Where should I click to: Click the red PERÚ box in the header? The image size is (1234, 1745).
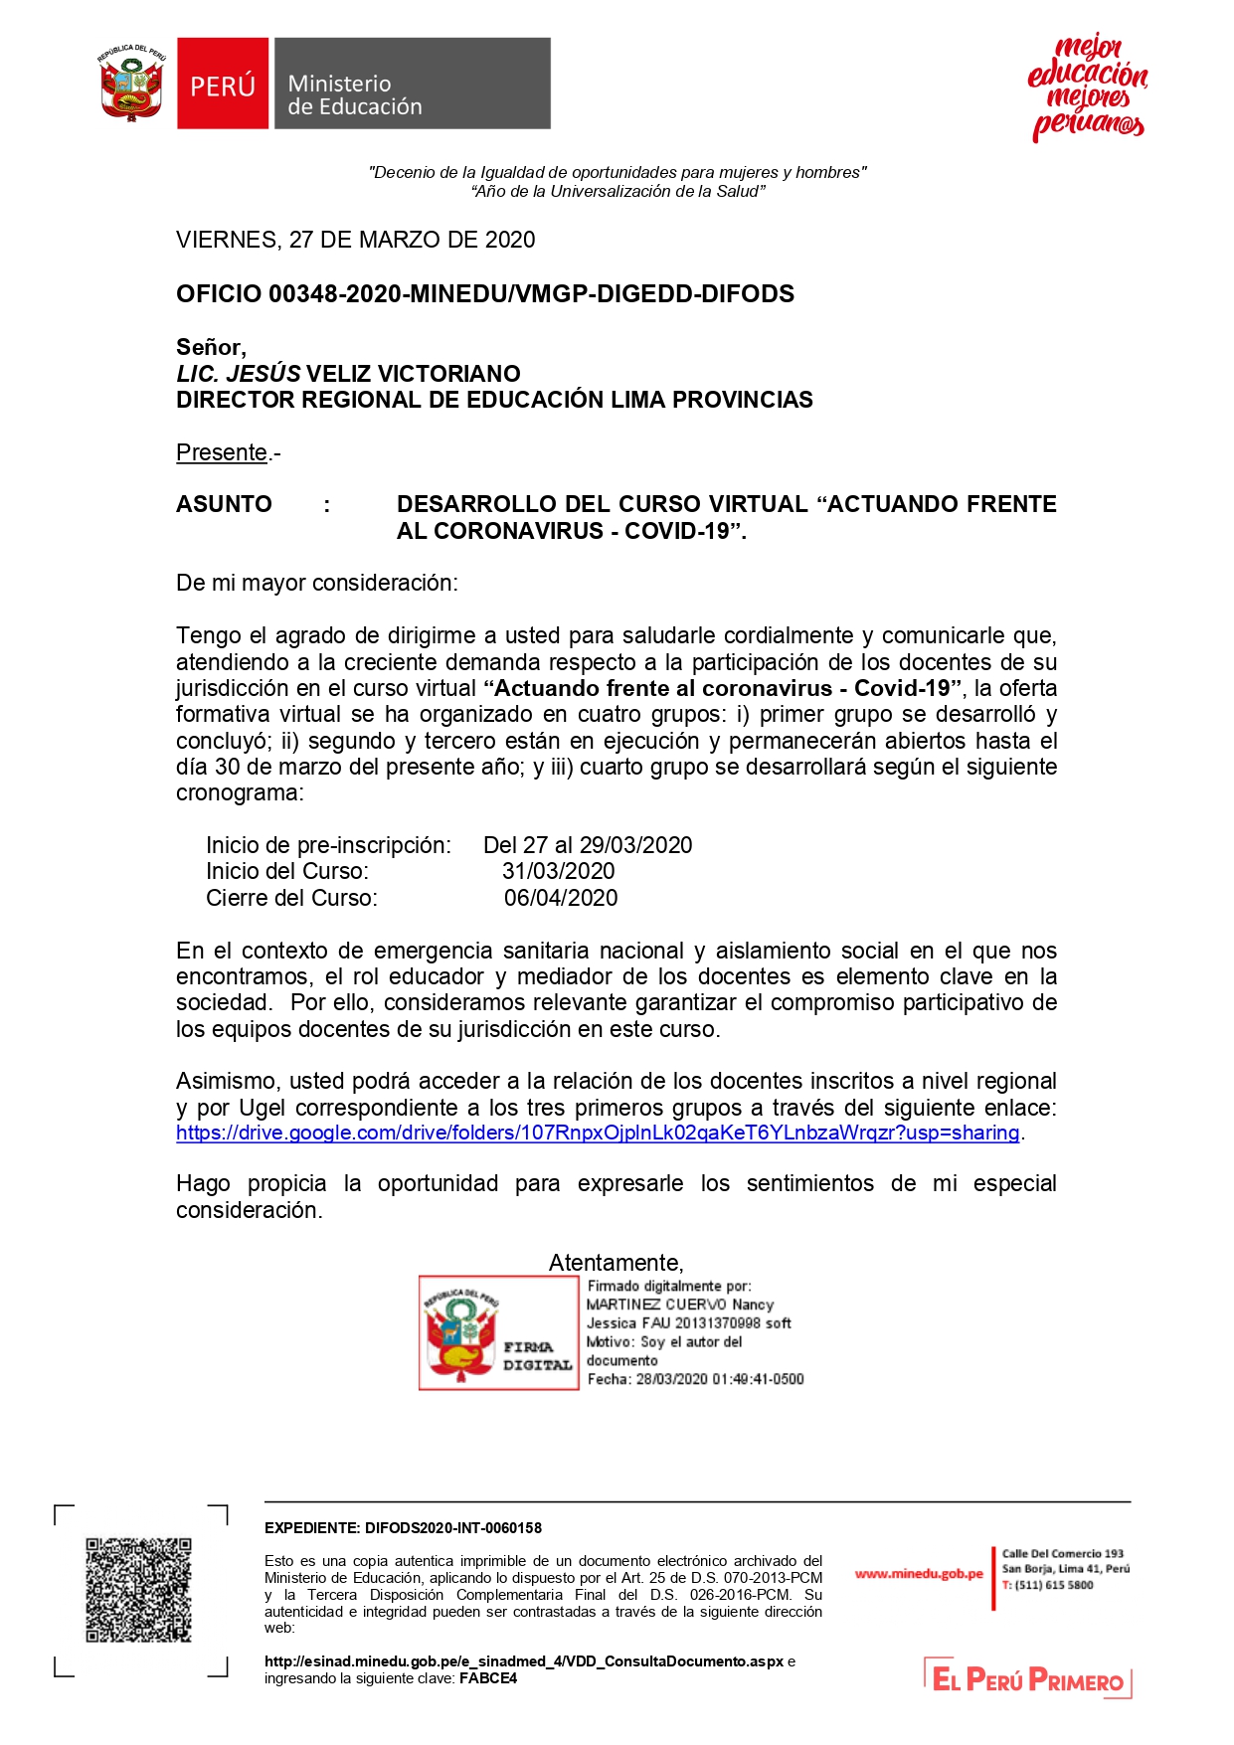tap(223, 84)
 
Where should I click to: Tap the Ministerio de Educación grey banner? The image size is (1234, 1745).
tap(411, 84)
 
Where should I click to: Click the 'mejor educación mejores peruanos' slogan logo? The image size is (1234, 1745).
tap(1087, 87)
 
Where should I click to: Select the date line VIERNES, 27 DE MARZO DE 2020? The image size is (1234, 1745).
tap(355, 240)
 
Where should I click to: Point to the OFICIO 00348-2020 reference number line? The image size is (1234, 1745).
tap(485, 294)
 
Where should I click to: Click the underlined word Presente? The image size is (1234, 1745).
tap(222, 452)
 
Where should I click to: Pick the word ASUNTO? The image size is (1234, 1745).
tap(224, 504)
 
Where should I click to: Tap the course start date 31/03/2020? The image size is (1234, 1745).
tap(558, 871)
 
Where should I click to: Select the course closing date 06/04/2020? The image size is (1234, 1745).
tap(561, 898)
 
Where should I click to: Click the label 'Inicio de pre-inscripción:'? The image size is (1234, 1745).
tap(328, 845)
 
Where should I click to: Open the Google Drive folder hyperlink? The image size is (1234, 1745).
tap(598, 1133)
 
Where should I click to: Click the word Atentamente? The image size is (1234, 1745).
tap(616, 1263)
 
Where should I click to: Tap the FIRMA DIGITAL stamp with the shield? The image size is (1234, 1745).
tap(498, 1333)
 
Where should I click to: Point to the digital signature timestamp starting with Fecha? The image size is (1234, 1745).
tap(695, 1379)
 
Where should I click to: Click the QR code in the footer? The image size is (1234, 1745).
tap(138, 1590)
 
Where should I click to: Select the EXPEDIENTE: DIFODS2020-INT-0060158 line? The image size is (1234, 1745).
tap(403, 1528)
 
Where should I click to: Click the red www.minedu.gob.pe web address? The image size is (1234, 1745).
tap(919, 1574)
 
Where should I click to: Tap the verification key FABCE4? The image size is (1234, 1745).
tap(488, 1678)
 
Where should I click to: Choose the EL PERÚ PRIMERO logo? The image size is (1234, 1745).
tap(1028, 1679)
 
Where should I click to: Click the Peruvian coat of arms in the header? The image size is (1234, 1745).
tap(131, 84)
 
